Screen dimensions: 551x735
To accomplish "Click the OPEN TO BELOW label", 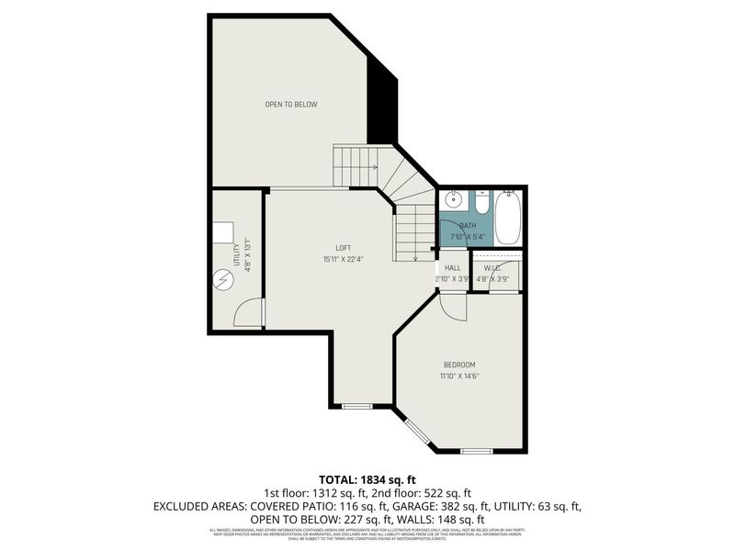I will point(291,105).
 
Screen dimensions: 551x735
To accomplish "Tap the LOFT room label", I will point(343,248).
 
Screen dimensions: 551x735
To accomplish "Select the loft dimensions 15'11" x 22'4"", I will point(343,259).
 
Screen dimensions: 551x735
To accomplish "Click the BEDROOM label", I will point(459,365).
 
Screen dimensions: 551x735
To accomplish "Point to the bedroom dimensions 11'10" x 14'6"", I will point(459,376).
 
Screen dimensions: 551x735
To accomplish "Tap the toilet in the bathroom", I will point(481,200).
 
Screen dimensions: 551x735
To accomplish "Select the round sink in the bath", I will point(453,199).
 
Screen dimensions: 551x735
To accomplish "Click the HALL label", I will point(452,268).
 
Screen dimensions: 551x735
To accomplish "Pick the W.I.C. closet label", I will point(498,268).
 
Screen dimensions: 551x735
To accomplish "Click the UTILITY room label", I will point(236,254).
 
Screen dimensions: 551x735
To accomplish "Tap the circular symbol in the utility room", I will point(223,279).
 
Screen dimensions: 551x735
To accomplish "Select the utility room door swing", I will point(247,314).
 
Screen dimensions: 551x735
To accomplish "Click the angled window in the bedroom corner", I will point(418,431).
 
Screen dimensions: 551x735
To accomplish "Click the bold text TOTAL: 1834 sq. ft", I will point(367,479).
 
